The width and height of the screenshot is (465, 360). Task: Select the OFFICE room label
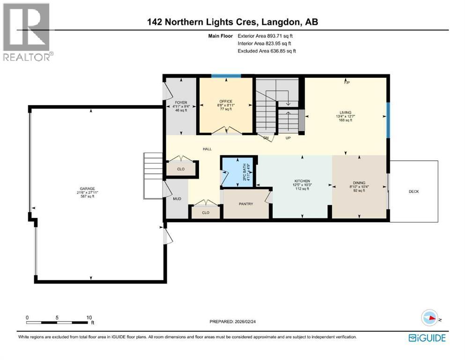click(226, 101)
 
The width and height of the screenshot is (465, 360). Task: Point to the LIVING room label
click(346, 112)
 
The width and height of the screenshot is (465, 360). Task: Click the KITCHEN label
click(302, 181)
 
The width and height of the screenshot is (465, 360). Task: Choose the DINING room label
click(360, 184)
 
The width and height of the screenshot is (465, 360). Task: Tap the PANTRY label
click(246, 204)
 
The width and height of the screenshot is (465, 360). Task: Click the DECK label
click(413, 191)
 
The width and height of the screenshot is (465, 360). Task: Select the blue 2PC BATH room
click(238, 172)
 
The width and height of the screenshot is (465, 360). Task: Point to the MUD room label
click(177, 199)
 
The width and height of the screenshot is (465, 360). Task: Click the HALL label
click(207, 149)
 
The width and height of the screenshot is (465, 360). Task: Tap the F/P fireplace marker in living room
click(347, 82)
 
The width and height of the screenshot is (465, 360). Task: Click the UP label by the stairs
click(288, 138)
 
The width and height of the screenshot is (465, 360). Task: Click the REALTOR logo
click(27, 32)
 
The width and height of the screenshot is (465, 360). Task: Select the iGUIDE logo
click(427, 337)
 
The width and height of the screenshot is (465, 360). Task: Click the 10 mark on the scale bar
click(89, 317)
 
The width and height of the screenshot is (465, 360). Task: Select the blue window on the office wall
click(226, 76)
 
